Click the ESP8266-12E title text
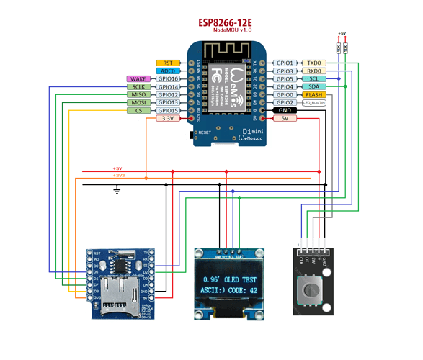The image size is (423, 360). click(x=230, y=24)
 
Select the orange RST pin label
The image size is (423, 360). click(x=167, y=63)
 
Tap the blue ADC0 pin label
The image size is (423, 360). click(x=167, y=71)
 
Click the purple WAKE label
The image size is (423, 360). click(x=138, y=79)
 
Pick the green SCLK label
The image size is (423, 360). click(x=138, y=87)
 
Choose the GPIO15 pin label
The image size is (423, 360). click(x=167, y=111)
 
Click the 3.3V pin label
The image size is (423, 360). click(x=167, y=119)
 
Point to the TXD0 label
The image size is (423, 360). click(x=314, y=63)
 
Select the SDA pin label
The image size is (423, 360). click(x=314, y=87)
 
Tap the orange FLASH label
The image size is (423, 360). click(x=314, y=95)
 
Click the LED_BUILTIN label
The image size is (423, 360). click(x=314, y=103)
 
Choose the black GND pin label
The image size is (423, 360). click(x=285, y=111)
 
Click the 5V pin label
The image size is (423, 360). click(x=285, y=119)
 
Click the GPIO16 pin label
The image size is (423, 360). click(x=167, y=79)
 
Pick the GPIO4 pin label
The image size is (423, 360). click(x=285, y=87)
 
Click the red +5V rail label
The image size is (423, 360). click(x=117, y=168)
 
